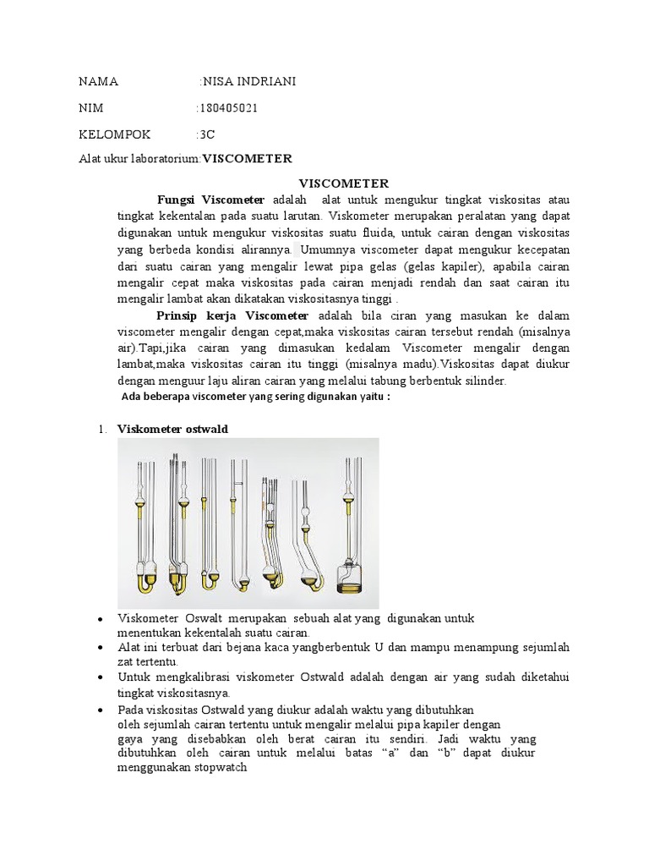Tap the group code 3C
click(x=205, y=134)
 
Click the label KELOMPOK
click(x=114, y=134)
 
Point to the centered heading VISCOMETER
click(x=344, y=183)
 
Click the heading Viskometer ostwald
click(x=172, y=429)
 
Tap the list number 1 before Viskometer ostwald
click(x=101, y=429)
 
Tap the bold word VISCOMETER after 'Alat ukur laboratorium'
click(x=247, y=158)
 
